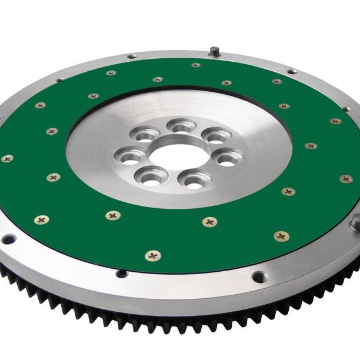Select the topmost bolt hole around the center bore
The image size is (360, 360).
tap(181, 125)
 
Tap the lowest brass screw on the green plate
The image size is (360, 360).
tap(153, 255)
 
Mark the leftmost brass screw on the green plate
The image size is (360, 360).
tap(7, 158)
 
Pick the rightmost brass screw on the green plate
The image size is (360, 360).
tap(346, 178)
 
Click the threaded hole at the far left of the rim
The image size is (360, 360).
tap(8, 239)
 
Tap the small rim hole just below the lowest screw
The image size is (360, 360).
tap(121, 274)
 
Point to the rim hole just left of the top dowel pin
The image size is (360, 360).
tap(132, 56)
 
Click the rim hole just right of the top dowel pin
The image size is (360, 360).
tap(291, 72)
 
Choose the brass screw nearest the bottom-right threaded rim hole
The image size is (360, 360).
tap(282, 236)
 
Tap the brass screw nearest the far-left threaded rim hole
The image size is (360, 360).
tap(41, 219)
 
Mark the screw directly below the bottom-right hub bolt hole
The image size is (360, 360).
tap(209, 221)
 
